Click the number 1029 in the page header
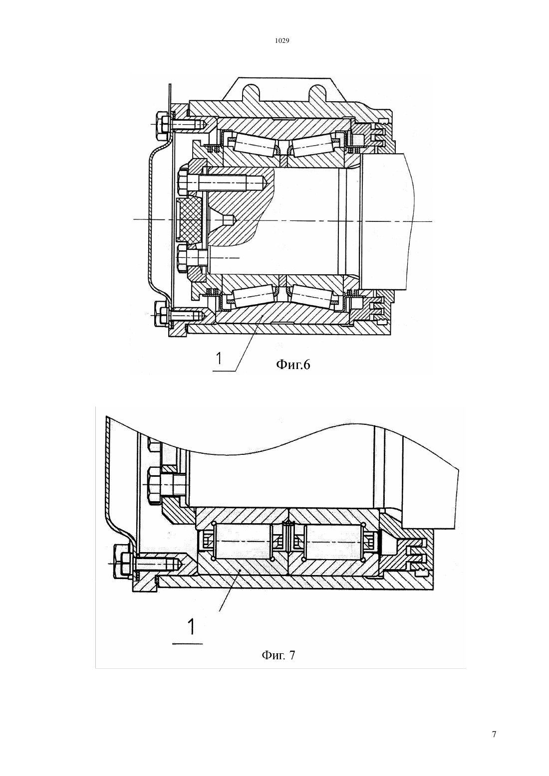[282, 40]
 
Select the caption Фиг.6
[293, 364]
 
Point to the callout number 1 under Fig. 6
[219, 358]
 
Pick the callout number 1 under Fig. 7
[191, 627]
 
